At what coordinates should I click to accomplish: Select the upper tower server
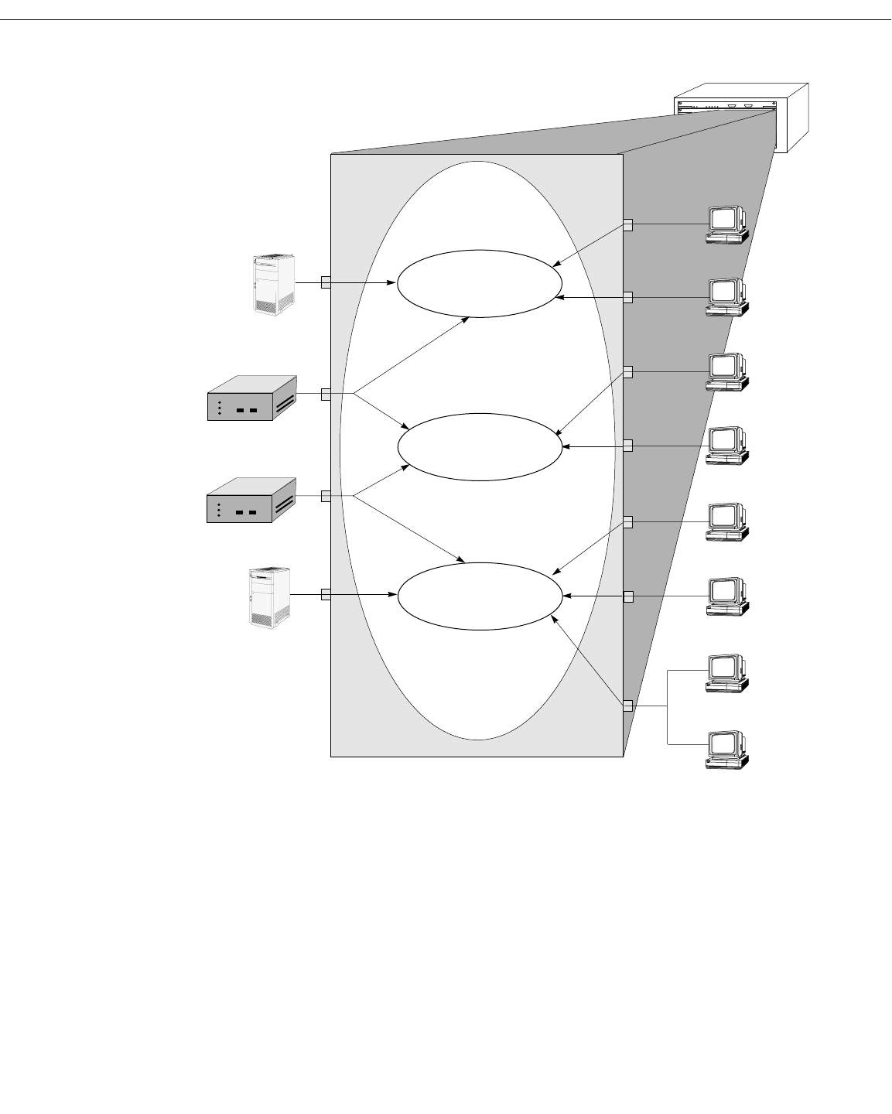pyautogui.click(x=275, y=284)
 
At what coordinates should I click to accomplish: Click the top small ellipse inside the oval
pyautogui.click(x=480, y=283)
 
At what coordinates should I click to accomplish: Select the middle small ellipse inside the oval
pyautogui.click(x=480, y=447)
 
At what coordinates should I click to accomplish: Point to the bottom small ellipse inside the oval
pyautogui.click(x=480, y=596)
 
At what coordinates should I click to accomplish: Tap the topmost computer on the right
pyautogui.click(x=726, y=224)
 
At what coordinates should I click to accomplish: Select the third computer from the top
pyautogui.click(x=726, y=372)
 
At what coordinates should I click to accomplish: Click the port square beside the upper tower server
pyautogui.click(x=326, y=283)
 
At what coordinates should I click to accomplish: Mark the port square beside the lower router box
pyautogui.click(x=326, y=496)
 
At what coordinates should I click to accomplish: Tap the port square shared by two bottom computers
pyautogui.click(x=627, y=706)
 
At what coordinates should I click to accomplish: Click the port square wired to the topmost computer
pyautogui.click(x=627, y=225)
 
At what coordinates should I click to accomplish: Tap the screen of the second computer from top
pyautogui.click(x=723, y=291)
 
